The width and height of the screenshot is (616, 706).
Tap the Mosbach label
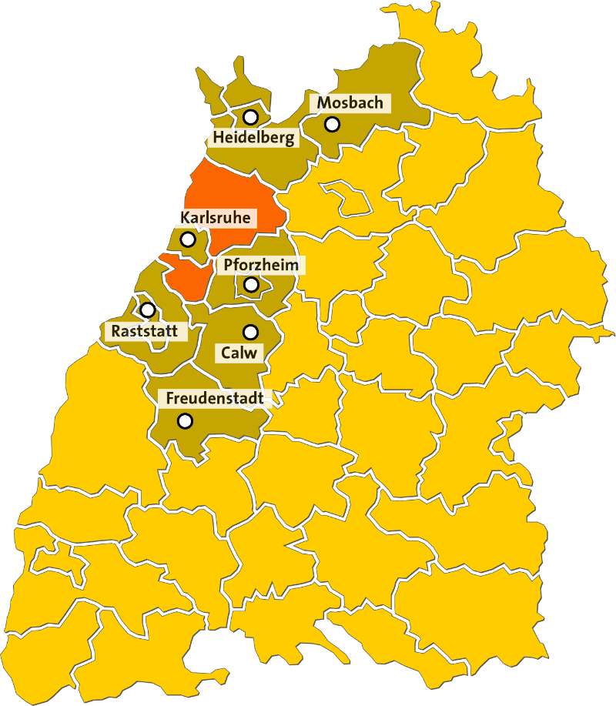[350, 103]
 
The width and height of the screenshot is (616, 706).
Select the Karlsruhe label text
[215, 218]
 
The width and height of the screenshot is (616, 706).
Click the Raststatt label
[144, 332]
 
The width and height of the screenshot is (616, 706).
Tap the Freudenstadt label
[215, 399]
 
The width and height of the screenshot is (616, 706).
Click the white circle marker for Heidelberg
[250, 118]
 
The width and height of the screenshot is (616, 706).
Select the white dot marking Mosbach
[332, 123]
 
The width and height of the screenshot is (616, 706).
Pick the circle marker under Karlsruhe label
[188, 239]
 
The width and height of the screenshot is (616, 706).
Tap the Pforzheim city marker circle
[251, 285]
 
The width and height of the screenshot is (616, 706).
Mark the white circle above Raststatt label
[148, 310]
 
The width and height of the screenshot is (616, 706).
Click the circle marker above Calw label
[249, 332]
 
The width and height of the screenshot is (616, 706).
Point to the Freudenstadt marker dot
[185, 421]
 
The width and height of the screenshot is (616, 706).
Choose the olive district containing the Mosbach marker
[385, 85]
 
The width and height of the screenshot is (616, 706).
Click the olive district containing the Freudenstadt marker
[216, 427]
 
